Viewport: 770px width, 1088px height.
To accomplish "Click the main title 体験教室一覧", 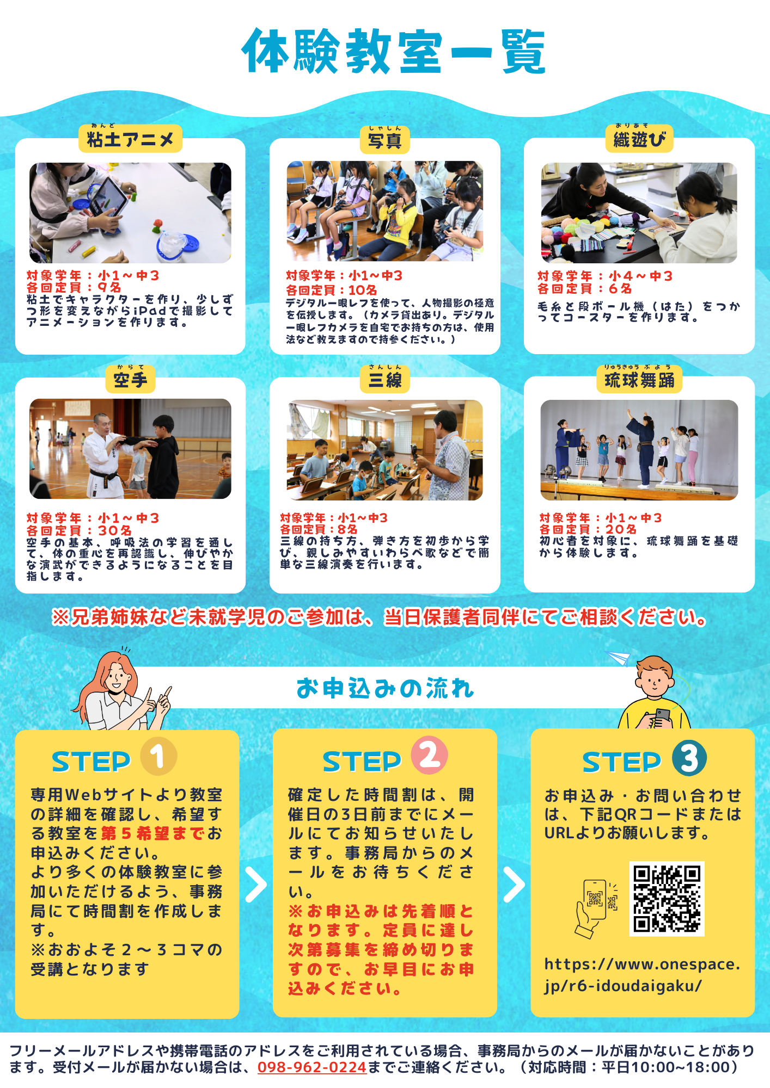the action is click(x=393, y=51).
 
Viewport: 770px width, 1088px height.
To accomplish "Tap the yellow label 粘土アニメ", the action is click(x=130, y=139).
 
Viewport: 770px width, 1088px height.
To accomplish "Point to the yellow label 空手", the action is click(x=130, y=380).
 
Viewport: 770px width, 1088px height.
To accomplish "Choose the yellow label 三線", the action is click(x=384, y=379).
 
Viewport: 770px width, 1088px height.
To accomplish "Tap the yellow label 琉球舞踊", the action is click(x=639, y=379).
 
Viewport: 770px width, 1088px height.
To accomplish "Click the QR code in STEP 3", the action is click(x=667, y=899).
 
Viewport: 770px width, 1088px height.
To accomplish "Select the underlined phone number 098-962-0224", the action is click(x=312, y=1067).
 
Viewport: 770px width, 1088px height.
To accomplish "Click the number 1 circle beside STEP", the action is click(x=158, y=756).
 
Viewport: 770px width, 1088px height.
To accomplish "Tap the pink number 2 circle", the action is click(x=429, y=756).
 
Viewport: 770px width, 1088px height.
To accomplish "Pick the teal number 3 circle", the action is click(x=689, y=758).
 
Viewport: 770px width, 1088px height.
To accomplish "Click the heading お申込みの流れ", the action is click(x=385, y=688).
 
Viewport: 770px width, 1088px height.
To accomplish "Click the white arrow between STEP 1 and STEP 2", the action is click(x=256, y=885).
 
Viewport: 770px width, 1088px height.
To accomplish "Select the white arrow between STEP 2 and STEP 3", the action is click(x=514, y=885).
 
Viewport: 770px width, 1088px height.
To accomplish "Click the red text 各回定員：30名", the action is click(x=79, y=530).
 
